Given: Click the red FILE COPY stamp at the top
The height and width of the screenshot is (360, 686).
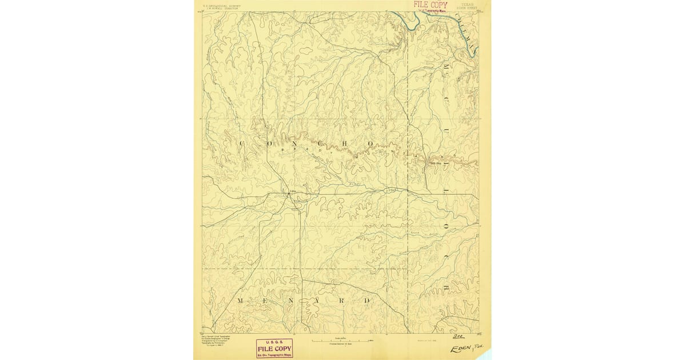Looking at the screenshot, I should click(431, 5).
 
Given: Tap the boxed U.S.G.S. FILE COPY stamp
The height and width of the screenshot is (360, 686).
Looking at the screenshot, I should click(274, 348).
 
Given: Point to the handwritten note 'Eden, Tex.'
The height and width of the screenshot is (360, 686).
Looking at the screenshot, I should click(463, 348).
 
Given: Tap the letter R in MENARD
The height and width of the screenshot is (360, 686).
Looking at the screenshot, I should click(344, 300).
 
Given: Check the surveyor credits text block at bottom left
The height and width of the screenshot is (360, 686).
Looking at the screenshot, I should click(216, 343).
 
